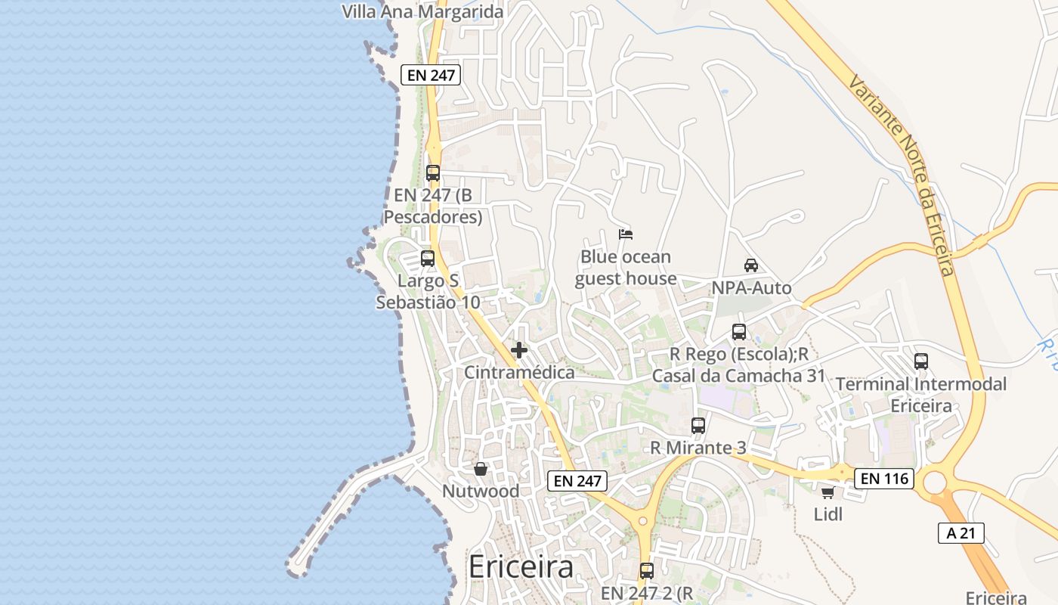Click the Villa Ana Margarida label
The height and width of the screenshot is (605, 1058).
coord(422,11)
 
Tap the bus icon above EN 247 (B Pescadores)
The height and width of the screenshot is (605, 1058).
coord(433,172)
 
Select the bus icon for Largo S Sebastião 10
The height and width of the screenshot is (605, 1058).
coord(428,259)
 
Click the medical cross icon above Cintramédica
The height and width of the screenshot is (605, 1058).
coord(519,350)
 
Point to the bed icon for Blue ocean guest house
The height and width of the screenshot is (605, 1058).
coord(626,234)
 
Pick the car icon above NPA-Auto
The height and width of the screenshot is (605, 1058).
coord(751,265)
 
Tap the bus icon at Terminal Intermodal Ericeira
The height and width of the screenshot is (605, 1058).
coord(921,361)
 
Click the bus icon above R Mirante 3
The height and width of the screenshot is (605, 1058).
coord(698,426)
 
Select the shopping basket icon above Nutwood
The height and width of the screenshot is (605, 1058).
coord(481,469)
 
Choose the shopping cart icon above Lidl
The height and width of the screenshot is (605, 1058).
coord(828,493)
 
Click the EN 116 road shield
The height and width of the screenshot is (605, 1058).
coord(884,478)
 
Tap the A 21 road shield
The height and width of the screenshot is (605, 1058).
coord(961,532)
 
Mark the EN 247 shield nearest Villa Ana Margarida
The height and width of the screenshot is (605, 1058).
coord(431,74)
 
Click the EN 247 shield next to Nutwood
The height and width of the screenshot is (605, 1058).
coord(577,480)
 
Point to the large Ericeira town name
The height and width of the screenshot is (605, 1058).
coord(521,566)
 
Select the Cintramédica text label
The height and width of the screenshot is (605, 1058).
coord(519,372)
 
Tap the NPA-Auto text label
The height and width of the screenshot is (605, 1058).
coord(751,287)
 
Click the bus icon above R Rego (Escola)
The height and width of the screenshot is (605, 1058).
coord(739,331)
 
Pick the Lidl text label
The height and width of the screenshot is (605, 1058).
coord(828,514)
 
